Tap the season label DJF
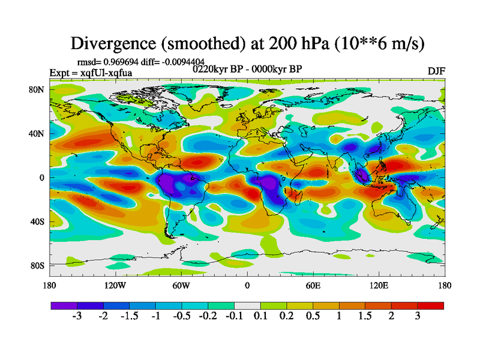pos(436,71)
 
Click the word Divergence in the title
pos(115,43)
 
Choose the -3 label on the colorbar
pos(76,316)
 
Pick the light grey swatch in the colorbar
pos(247,305)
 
